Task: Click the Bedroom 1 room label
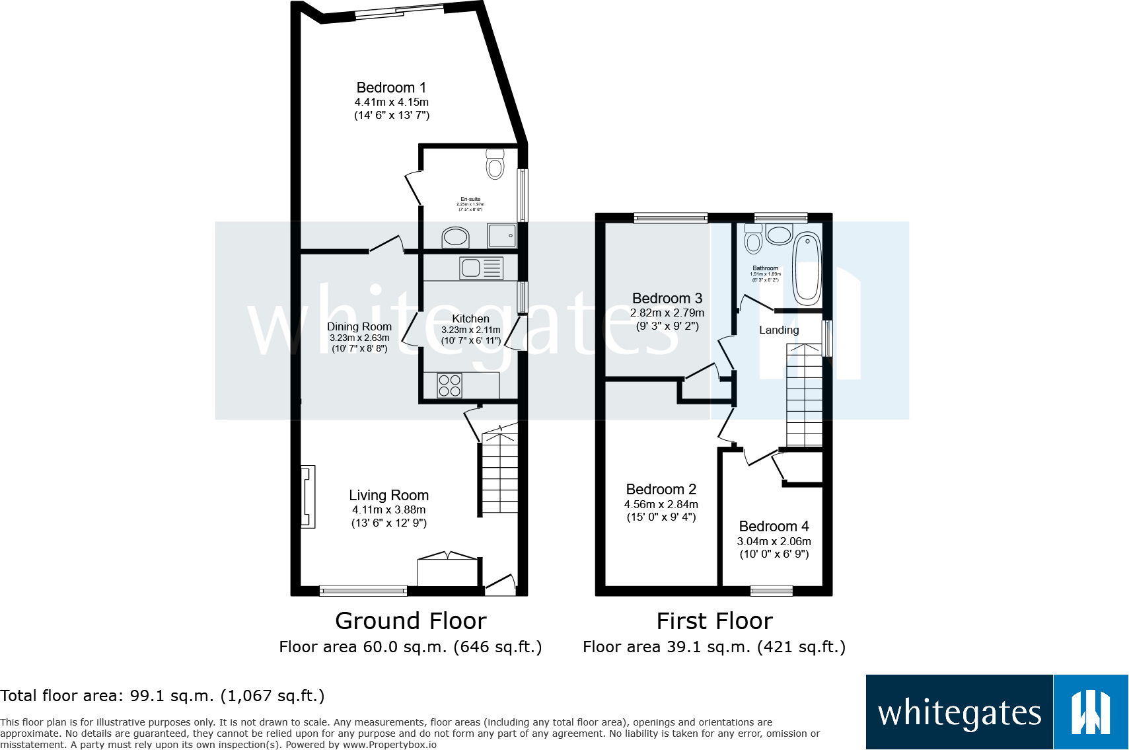coord(391,88)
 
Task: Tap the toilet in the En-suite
coord(495,164)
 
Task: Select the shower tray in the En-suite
coord(501,235)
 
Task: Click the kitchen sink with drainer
coord(481,268)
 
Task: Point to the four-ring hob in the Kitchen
coord(449,386)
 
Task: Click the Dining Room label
coord(359,326)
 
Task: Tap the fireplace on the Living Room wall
coord(308,497)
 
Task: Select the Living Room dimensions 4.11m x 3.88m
coord(388,510)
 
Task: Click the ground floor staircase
coord(499,472)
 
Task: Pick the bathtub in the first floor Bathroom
coord(807,268)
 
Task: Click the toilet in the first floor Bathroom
coord(753,239)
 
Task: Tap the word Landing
coord(779,330)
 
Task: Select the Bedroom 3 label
coord(667,299)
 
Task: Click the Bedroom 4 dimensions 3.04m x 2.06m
coord(774,541)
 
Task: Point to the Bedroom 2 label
coord(661,490)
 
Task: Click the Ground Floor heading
coord(410,621)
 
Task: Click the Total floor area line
coord(163,696)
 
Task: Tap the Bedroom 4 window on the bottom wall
coord(771,591)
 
